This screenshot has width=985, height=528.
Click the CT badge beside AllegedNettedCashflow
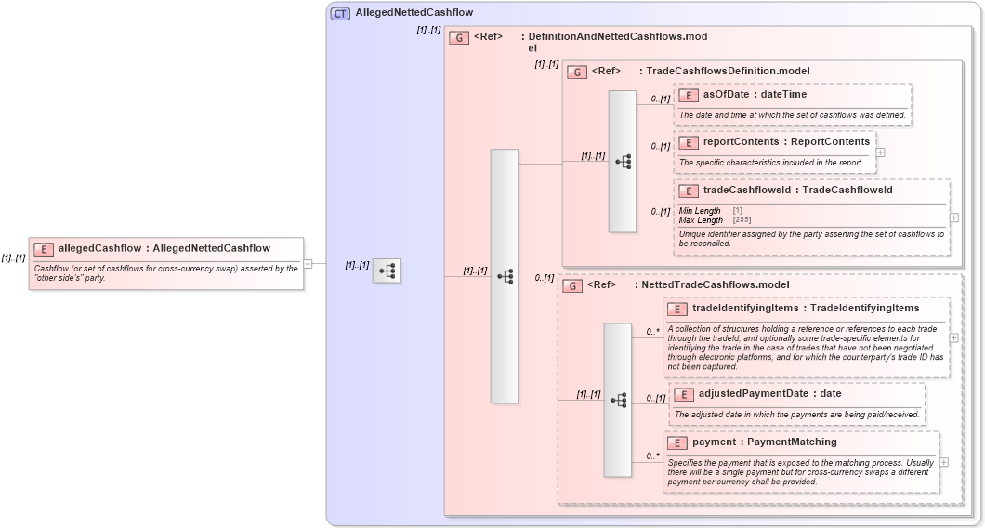[340, 13]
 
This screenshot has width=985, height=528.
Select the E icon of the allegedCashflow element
[44, 249]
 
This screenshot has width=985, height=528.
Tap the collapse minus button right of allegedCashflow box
[308, 264]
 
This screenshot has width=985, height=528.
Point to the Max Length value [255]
[742, 219]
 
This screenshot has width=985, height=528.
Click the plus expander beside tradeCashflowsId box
[954, 218]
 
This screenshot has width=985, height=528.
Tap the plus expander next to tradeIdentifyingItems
[954, 337]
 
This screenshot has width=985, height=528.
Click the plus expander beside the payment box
[944, 461]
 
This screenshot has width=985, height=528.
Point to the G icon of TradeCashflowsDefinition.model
[577, 72]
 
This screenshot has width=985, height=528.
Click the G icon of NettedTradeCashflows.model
[572, 285]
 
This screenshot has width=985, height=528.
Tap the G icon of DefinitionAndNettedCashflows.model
[458, 38]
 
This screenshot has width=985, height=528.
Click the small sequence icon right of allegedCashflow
[387, 271]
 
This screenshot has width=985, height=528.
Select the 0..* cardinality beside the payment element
[652, 456]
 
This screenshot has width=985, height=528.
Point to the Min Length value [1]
[737, 211]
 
